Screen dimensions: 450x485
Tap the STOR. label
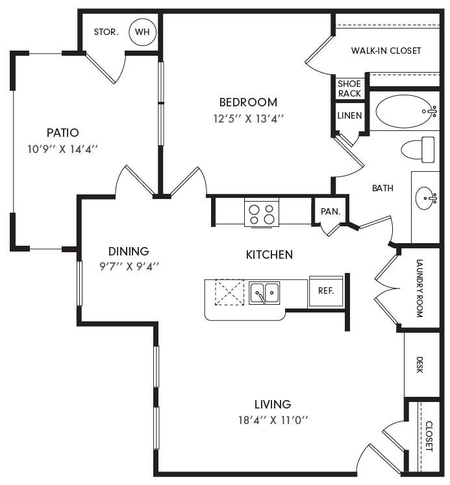[106, 32]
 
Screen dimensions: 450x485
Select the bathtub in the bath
[406, 112]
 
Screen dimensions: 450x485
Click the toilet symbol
[418, 150]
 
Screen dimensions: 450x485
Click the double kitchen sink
[264, 292]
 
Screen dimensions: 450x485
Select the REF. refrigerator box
[326, 291]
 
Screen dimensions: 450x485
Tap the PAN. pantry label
[331, 211]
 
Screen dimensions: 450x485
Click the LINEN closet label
[349, 115]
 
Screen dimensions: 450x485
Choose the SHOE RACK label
[349, 88]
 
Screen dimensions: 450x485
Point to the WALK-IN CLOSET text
[386, 51]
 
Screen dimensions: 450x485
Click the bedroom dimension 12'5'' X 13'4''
[249, 119]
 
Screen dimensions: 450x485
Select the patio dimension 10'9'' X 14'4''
[62, 149]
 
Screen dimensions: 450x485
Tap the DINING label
[129, 251]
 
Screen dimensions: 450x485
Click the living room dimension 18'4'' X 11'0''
[273, 420]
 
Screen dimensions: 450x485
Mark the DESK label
[419, 365]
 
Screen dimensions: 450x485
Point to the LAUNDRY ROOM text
[419, 289]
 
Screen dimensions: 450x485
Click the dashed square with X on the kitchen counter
[229, 292]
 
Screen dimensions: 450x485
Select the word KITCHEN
[269, 255]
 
